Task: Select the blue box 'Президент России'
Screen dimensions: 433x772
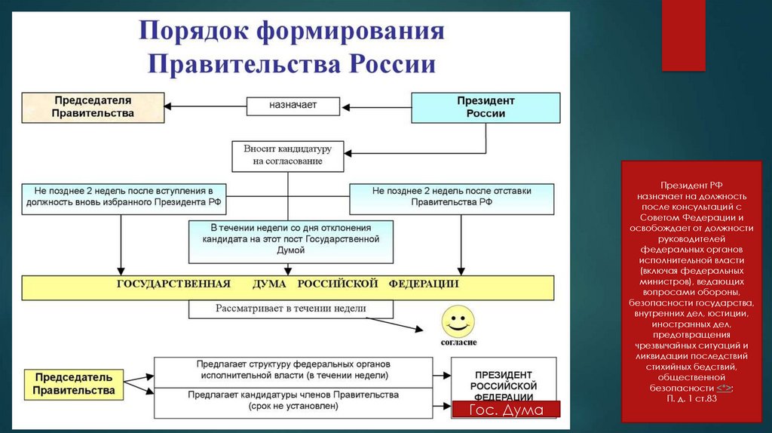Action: (486, 107)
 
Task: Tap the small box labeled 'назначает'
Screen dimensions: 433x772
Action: (293, 106)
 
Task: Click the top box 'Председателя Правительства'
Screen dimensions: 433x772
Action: (93, 106)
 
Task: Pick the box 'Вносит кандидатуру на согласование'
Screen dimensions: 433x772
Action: (287, 155)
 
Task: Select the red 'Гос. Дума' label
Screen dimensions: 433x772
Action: (506, 408)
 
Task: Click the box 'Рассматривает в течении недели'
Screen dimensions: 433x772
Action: (291, 309)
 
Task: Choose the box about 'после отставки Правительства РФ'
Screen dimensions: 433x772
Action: (452, 197)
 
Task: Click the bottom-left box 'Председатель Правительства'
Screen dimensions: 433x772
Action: (73, 383)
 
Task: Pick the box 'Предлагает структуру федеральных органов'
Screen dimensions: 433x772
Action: (294, 369)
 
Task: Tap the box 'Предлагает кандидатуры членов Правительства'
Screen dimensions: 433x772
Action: (294, 401)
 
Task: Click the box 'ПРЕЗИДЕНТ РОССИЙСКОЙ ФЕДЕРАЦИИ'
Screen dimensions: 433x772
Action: (504, 385)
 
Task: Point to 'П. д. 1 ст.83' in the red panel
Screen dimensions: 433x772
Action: (691, 398)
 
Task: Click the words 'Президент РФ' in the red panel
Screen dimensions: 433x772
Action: (691, 185)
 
